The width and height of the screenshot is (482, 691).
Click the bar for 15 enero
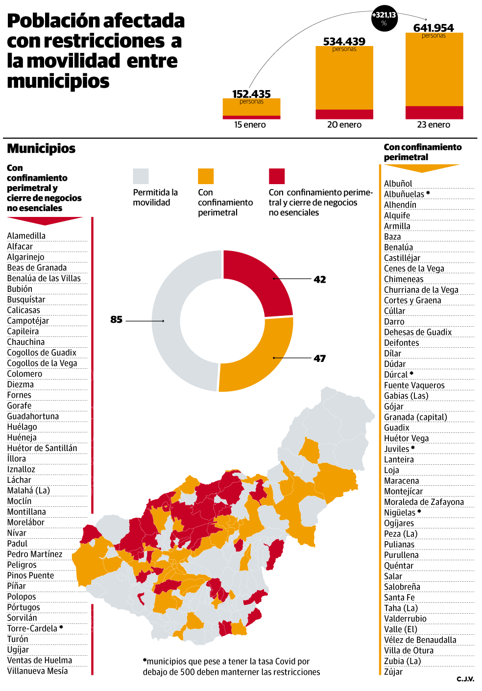251,109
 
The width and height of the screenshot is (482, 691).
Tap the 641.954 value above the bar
434,28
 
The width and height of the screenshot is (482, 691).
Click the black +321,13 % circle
384,19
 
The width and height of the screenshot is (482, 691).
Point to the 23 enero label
434,125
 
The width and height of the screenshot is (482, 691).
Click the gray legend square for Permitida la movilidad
141,176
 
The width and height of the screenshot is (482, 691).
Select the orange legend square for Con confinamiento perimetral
206,176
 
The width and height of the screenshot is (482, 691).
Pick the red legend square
277,176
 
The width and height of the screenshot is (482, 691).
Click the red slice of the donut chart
260,279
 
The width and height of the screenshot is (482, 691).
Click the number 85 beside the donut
116,320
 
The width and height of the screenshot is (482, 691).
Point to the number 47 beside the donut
320,358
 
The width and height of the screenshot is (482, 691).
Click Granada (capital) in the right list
415,417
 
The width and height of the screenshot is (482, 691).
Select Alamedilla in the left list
26,236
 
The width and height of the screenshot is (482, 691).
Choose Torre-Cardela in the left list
32,629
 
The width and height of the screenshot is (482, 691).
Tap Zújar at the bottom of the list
393,672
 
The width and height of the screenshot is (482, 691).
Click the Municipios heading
41,148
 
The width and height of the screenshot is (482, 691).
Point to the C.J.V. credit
465,679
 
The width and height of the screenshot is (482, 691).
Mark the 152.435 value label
251,94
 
